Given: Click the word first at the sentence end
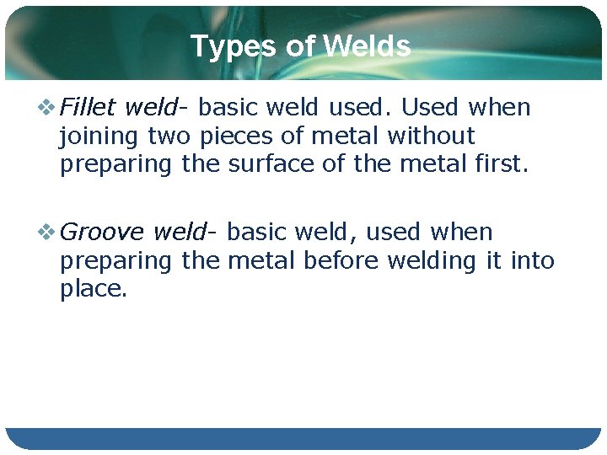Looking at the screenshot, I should pyautogui.click(x=500, y=164).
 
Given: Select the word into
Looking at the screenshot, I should pyautogui.click(x=533, y=260).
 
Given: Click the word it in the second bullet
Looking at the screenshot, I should pyautogui.click(x=494, y=260).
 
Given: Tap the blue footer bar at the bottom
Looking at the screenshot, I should pyautogui.click(x=303, y=438).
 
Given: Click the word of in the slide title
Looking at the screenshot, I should pyautogui.click(x=299, y=46).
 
